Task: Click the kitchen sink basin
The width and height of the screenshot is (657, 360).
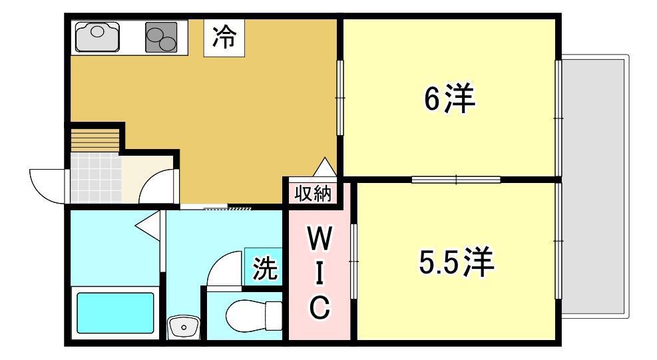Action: [97, 37]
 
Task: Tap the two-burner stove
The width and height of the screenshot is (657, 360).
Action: [161, 37]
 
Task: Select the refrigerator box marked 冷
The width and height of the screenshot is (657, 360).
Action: [224, 37]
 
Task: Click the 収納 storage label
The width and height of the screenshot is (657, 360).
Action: [313, 193]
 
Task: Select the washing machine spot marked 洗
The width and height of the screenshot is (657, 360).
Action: [264, 268]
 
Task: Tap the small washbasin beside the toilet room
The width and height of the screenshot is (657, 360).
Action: [182, 326]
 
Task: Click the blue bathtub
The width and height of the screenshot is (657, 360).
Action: [114, 313]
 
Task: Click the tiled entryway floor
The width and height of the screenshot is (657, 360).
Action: [96, 178]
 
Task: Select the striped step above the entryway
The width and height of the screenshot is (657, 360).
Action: [95, 140]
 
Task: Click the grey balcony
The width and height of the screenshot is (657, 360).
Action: [594, 186]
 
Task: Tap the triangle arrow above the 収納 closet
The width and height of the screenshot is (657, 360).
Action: [325, 167]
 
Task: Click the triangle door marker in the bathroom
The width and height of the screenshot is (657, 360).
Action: [148, 226]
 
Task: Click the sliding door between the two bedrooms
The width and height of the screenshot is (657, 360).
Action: [456, 180]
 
